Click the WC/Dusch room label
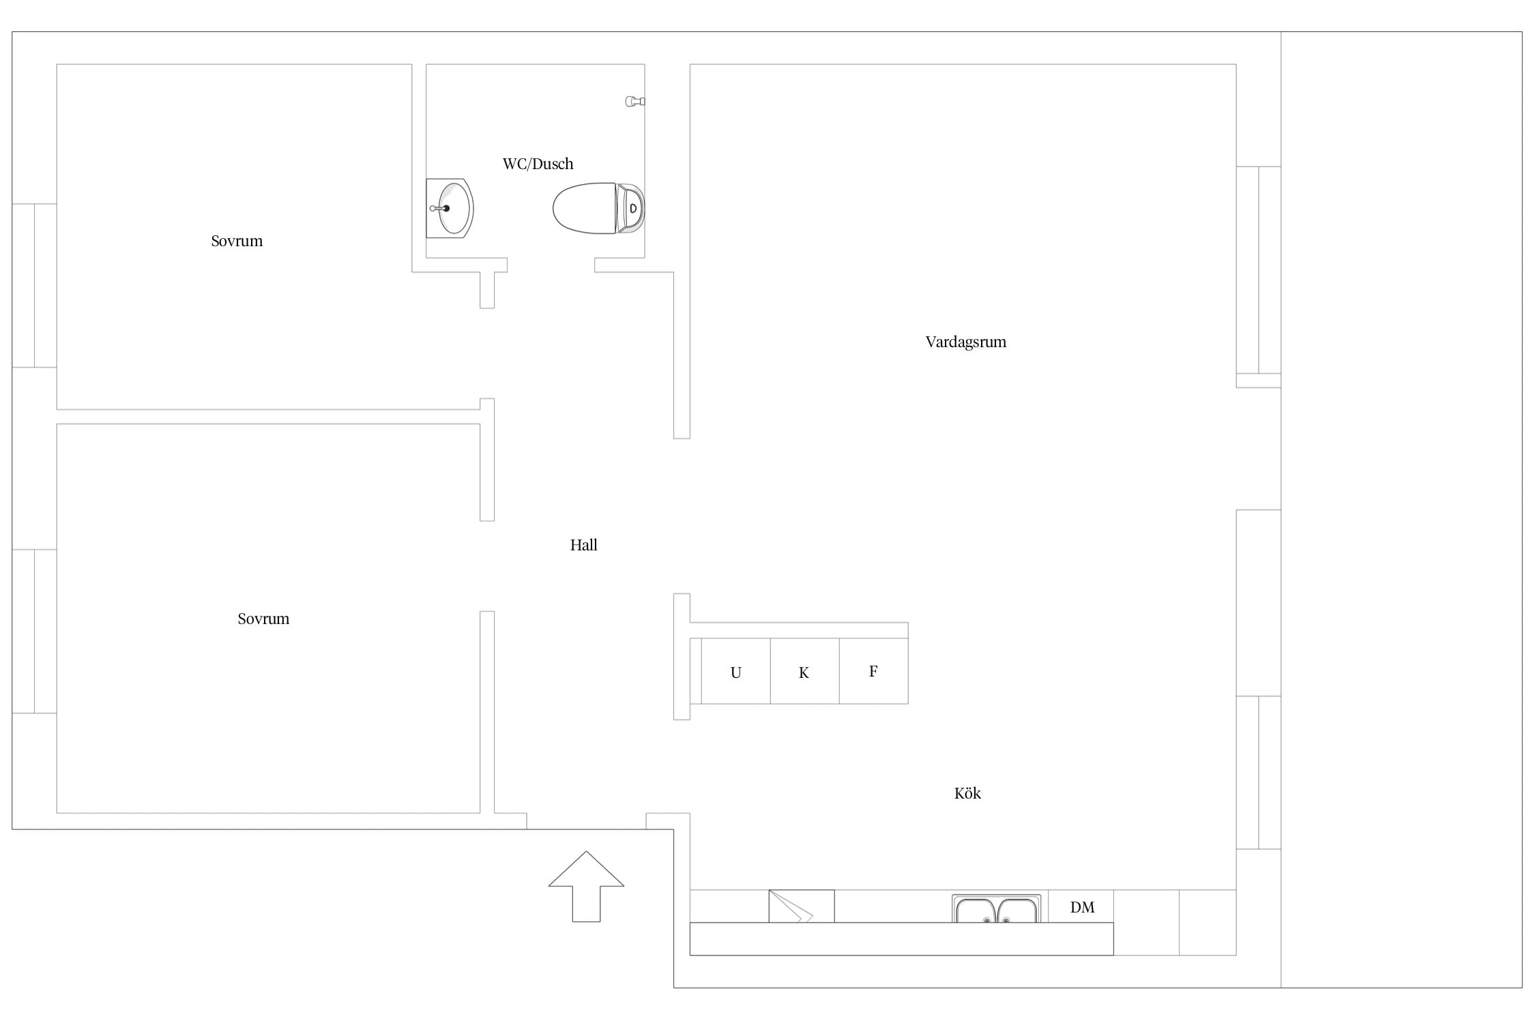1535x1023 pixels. coord(538,164)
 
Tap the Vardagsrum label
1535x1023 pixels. coord(965,342)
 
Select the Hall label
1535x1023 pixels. coord(583,545)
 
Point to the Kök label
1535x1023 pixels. coord(967,793)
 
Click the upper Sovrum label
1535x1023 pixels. coord(237,241)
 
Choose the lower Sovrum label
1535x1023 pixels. coord(263,619)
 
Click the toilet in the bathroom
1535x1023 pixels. coord(598,208)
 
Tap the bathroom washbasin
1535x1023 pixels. coord(450,208)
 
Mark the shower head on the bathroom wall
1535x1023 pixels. coord(635,102)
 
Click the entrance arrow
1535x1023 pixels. coord(586,886)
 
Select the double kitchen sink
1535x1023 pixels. coord(996,909)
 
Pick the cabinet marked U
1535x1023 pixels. coord(735,671)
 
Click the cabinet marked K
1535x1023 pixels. coord(804,671)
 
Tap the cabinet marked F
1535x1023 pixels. coord(873,671)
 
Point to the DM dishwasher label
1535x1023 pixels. coord(1082,907)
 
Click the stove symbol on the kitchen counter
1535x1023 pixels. coord(801,906)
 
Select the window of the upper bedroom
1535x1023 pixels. coord(34,285)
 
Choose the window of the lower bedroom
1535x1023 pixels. coord(34,631)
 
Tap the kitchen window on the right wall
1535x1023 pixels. coord(1258,773)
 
